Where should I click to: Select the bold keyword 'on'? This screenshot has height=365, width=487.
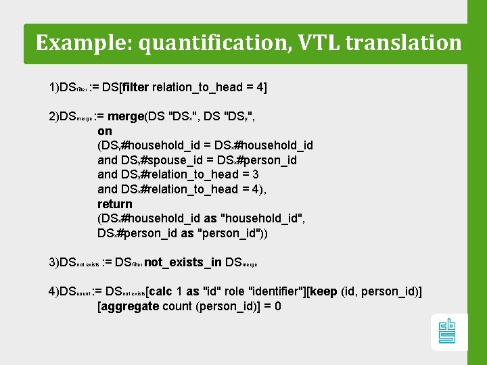pos(105,130)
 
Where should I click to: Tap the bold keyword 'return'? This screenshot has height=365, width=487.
pos(115,203)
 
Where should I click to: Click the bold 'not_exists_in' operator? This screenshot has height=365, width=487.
pos(183,262)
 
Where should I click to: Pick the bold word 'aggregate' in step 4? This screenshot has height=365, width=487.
pos(129,306)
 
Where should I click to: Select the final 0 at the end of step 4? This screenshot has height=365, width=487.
pos(277,306)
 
